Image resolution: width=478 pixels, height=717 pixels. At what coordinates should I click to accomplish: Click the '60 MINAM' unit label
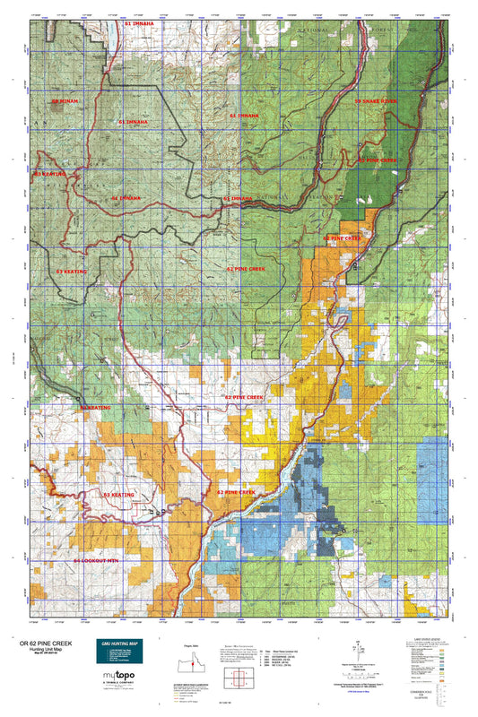coord(65,102)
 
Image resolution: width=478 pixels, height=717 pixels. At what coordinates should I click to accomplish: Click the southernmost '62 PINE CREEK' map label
coord(235,492)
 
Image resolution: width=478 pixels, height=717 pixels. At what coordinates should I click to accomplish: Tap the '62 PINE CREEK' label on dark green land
coord(377,160)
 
